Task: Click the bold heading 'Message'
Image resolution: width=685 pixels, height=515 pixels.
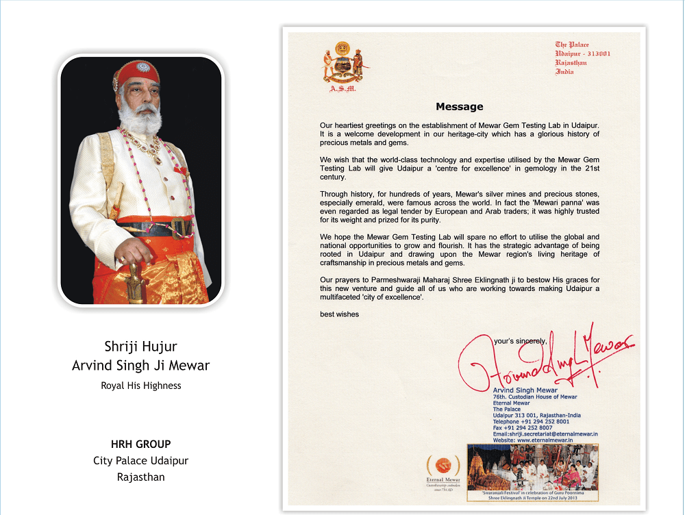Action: (460, 106)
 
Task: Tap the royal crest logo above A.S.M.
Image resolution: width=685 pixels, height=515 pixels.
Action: (342, 64)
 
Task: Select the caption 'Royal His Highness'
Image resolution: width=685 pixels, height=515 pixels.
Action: (141, 386)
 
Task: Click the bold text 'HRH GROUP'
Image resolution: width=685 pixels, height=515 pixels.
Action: (141, 444)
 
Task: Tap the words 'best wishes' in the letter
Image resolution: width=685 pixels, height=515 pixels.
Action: (339, 314)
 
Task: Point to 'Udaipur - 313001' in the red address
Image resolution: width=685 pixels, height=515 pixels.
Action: (582, 53)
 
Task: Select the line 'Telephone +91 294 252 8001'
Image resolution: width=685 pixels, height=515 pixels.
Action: (531, 422)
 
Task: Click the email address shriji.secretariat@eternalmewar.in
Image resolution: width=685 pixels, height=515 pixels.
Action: (546, 434)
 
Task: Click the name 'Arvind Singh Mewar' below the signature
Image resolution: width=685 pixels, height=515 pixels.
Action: (525, 390)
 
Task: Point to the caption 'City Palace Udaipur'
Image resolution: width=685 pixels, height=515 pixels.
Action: (141, 461)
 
